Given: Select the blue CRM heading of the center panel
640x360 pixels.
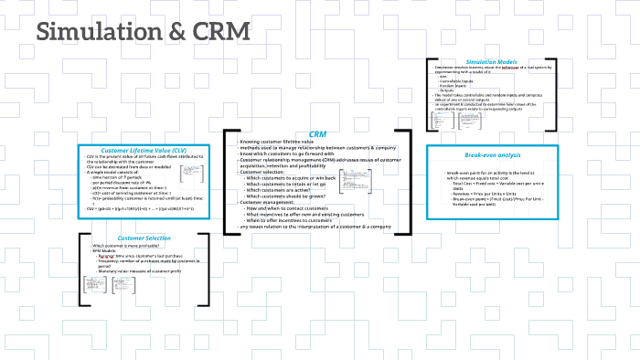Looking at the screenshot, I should click(317, 134).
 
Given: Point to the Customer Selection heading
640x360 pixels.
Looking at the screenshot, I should click(144, 238).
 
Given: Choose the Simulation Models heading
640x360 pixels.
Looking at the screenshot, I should click(491, 61).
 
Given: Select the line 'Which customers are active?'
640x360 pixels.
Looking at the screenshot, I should click(287, 190).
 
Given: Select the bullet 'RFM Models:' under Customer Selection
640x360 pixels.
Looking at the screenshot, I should click(110, 252).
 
